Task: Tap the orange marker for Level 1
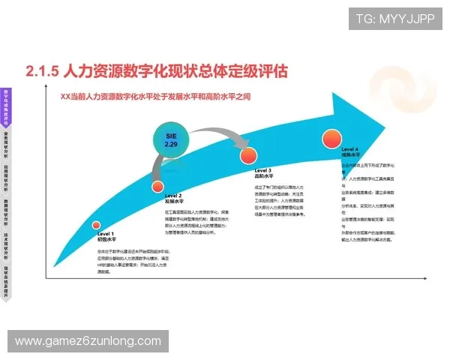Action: pyautogui.click(x=96, y=225)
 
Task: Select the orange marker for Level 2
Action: pyautogui.click(x=157, y=186)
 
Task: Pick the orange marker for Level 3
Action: pyautogui.click(x=249, y=155)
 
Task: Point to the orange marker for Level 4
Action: pyautogui.click(x=331, y=139)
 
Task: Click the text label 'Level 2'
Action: pyautogui.click(x=173, y=195)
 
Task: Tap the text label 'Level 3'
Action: pyautogui.click(x=263, y=170)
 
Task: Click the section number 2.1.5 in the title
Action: pyautogui.click(x=42, y=72)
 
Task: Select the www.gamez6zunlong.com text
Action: pyautogui.click(x=88, y=341)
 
